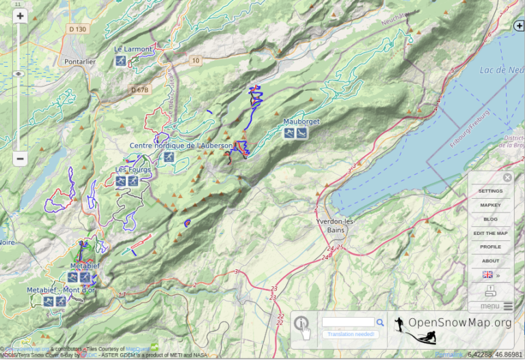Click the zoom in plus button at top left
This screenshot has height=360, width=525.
coord(20,16)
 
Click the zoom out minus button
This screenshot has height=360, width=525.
coord(20,158)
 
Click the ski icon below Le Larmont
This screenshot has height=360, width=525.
coord(121,61)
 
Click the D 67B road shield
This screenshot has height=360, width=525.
coord(139,89)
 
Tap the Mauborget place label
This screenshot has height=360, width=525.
coord(301,122)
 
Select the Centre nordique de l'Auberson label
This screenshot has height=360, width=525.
coord(181,146)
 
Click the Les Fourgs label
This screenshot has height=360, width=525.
coord(133,169)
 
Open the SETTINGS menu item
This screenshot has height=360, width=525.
coord(490,191)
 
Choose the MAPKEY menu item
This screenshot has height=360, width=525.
coord(490,205)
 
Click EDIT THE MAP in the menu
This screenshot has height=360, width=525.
coord(490,234)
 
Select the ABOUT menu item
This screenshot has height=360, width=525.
coord(490,261)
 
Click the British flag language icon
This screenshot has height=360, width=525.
coord(487,275)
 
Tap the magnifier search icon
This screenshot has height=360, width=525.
coord(380,322)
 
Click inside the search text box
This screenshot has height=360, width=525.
coord(348,322)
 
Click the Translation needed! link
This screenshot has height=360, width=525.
coord(351,334)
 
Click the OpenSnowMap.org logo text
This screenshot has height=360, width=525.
coord(459,322)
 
